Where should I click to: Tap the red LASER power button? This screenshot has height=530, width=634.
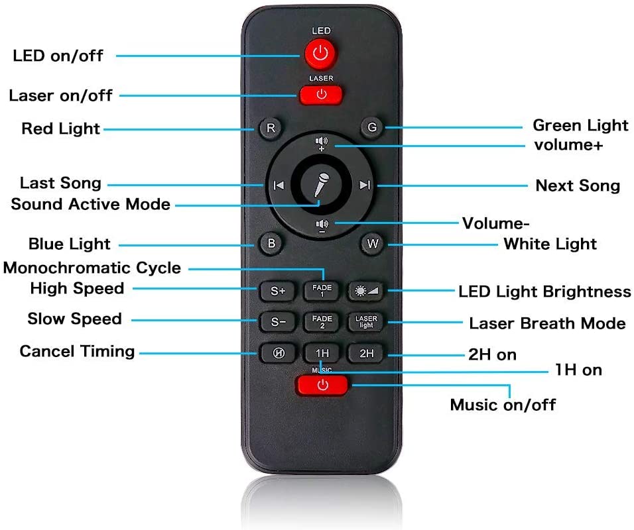[321, 95]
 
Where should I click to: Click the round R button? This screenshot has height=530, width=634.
[271, 128]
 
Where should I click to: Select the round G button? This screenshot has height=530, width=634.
[372, 127]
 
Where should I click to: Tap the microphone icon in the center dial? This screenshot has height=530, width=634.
[322, 185]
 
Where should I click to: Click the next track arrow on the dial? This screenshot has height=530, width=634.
[365, 185]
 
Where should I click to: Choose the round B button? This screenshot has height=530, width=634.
[271, 243]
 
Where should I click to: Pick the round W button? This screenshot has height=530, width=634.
[373, 243]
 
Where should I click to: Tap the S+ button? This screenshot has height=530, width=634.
[278, 291]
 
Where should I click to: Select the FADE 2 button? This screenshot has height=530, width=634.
[322, 322]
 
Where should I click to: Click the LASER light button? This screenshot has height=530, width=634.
[366, 322]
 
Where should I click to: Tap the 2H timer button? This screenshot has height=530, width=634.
[366, 354]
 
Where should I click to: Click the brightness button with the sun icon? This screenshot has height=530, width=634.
[366, 291]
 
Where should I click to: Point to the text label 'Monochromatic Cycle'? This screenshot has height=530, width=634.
[92, 268]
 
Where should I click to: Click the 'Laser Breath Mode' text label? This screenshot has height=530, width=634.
[547, 323]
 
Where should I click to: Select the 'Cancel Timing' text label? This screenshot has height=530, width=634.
[77, 351]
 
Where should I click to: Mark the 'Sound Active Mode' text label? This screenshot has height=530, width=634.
[91, 204]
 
